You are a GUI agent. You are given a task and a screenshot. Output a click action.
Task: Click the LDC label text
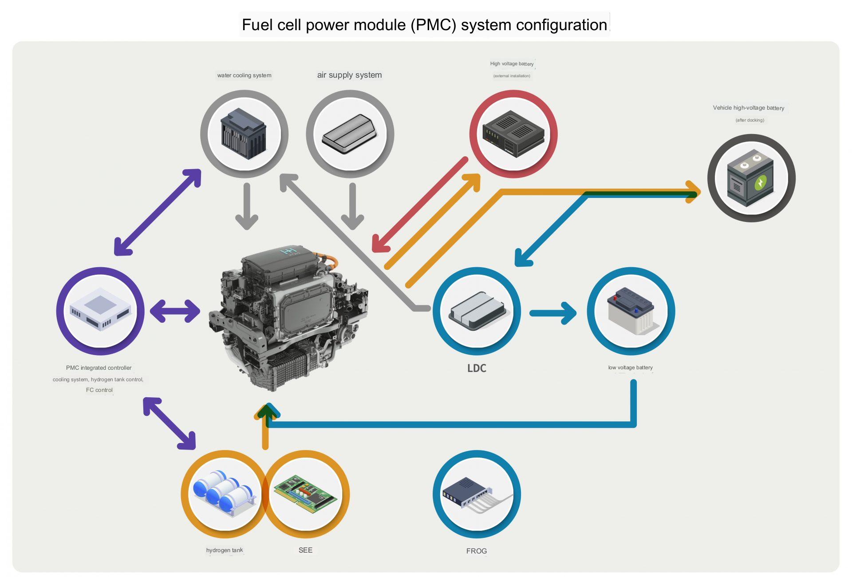(x=477, y=368)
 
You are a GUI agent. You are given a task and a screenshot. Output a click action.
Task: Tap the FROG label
(x=477, y=551)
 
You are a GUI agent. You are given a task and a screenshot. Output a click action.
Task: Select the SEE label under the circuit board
(x=305, y=550)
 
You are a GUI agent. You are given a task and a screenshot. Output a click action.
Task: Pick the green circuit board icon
(x=306, y=494)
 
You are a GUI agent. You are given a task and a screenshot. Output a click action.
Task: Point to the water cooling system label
(x=244, y=75)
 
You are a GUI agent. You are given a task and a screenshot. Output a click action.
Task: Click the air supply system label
(x=349, y=75)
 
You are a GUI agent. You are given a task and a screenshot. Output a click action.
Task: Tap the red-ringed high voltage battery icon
(x=513, y=134)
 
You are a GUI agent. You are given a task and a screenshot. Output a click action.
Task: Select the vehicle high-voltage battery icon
(x=751, y=178)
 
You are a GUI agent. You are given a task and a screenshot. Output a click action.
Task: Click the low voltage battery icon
(x=631, y=311)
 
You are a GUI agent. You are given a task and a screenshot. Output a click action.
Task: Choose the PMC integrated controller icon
(x=100, y=311)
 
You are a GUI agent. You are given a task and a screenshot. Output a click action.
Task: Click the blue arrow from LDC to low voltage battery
(x=553, y=313)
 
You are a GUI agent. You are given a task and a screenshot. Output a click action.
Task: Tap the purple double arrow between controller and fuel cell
(x=175, y=311)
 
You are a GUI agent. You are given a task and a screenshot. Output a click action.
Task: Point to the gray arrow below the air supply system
(x=353, y=206)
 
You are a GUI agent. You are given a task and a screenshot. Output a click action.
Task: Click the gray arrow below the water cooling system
(x=247, y=206)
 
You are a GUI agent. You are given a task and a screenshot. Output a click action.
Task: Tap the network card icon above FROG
(x=477, y=494)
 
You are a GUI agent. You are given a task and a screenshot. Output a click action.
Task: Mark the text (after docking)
(x=749, y=120)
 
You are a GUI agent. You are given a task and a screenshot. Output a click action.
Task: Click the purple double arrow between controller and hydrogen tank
(x=170, y=423)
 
